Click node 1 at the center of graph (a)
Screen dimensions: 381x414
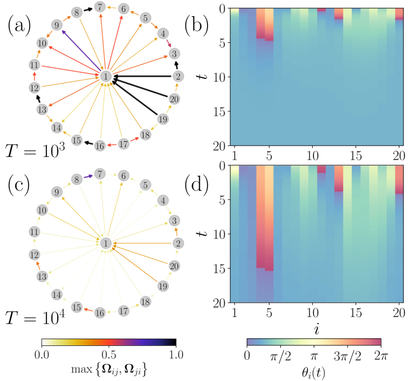tap(105, 76)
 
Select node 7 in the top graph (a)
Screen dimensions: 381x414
tap(100, 7)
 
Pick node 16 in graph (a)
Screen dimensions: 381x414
tap(100, 147)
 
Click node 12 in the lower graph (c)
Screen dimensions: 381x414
tap(34, 255)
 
